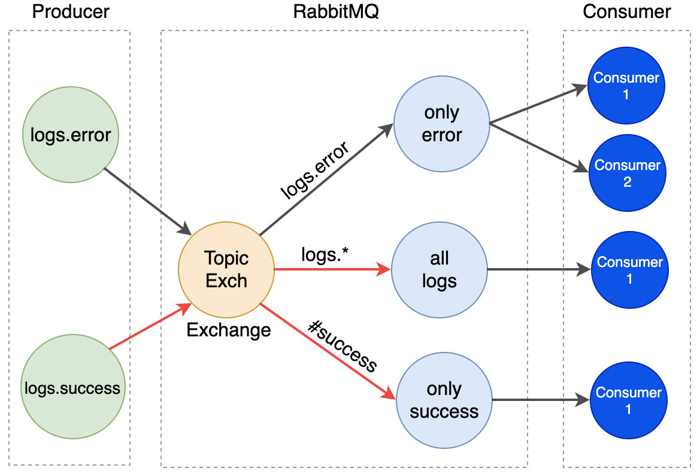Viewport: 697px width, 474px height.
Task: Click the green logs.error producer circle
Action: (70, 134)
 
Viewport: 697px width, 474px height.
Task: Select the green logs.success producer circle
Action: (72, 388)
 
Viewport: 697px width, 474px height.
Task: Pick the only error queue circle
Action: (441, 124)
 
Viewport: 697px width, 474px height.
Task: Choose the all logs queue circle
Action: (439, 269)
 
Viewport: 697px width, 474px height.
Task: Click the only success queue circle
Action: (444, 400)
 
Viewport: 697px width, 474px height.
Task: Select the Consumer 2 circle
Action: (627, 174)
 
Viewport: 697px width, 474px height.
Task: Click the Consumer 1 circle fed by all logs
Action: (629, 270)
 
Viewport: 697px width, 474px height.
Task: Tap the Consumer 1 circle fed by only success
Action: (628, 400)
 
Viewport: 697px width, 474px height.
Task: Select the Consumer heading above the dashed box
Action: (627, 12)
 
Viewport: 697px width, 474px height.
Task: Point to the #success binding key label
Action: (343, 345)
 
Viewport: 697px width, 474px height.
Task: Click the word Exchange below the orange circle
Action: (228, 329)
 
